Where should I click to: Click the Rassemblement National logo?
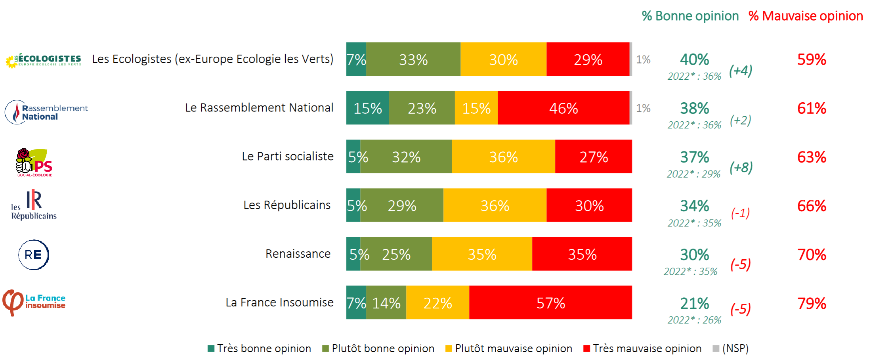[46, 112]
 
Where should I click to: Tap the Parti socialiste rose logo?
[34, 162]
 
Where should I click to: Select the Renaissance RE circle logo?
[34, 255]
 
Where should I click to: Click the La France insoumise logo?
[34, 302]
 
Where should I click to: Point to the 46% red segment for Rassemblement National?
[563, 108]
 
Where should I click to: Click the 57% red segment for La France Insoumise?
[550, 303]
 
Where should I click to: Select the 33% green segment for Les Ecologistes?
[413, 59]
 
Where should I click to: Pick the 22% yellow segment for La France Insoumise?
[437, 303]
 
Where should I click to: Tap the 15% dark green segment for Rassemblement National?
[367, 108]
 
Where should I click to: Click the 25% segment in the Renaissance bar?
[396, 254]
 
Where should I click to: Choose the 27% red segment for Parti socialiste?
[593, 157]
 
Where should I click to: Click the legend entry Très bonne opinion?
[260, 349]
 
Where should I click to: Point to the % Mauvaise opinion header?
[805, 16]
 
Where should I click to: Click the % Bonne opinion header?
[690, 16]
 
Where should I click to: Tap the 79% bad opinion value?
[812, 303]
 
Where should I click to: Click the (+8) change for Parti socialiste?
[741, 167]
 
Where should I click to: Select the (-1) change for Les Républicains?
[740, 213]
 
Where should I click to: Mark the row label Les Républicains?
[287, 205]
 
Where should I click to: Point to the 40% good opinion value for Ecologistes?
[694, 59]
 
